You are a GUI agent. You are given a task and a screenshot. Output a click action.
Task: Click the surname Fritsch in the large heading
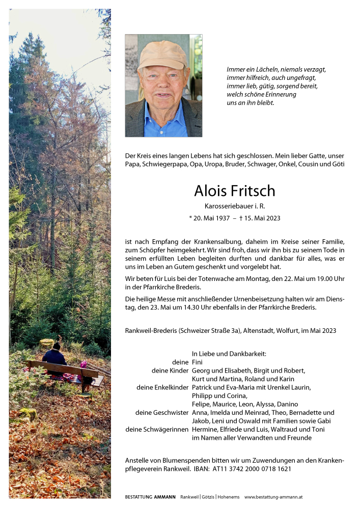point(252,191)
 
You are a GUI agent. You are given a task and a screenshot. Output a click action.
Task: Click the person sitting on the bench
point(54,356)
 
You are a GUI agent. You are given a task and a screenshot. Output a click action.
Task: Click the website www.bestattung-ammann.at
point(274,497)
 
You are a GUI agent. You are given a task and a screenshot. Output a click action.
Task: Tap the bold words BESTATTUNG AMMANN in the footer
point(150,497)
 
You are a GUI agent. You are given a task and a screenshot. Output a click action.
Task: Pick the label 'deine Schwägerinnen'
point(157,429)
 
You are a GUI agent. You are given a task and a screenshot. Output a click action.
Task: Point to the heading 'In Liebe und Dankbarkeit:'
point(229,353)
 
